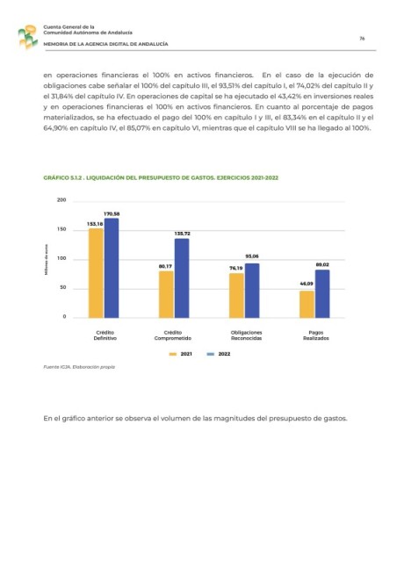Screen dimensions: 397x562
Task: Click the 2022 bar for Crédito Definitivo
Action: [x=112, y=268]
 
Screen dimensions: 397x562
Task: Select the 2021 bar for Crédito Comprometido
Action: [x=166, y=294]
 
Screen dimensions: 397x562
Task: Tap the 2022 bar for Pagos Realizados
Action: [x=322, y=294]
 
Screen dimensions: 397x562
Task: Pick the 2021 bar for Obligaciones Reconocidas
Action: [x=236, y=296]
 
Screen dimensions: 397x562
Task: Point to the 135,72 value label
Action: [x=182, y=234]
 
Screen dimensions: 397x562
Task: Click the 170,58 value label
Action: [x=112, y=214]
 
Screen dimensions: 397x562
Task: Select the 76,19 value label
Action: [x=236, y=268]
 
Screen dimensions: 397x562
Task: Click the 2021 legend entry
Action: [x=181, y=354]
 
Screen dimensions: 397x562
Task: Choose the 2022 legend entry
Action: [x=219, y=354]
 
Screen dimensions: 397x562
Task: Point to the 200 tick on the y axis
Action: [x=61, y=200]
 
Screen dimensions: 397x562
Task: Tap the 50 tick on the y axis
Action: [x=63, y=287]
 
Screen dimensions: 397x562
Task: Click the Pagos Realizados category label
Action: [x=316, y=335]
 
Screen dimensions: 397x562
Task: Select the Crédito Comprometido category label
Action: [x=173, y=335]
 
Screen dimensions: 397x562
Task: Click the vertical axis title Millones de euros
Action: [x=47, y=260]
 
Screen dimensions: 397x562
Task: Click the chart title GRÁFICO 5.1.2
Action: [x=161, y=177]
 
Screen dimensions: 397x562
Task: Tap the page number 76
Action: [x=362, y=39]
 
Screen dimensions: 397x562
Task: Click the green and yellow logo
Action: [x=28, y=37]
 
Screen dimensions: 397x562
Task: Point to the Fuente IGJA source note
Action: [x=79, y=367]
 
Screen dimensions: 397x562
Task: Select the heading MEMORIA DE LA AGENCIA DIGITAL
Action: [x=105, y=44]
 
